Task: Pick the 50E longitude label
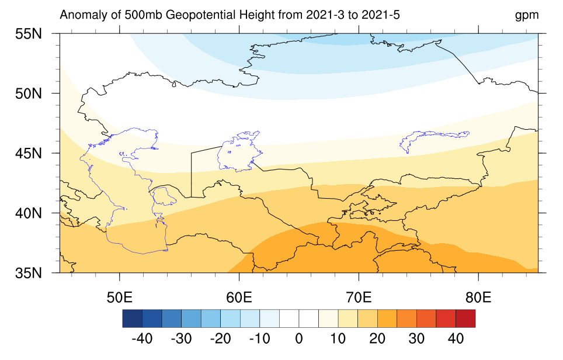[119, 297]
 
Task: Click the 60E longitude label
[239, 297]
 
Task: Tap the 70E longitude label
[359, 297]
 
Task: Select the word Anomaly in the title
[82, 15]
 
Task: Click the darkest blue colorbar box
[133, 319]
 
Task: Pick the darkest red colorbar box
[465, 319]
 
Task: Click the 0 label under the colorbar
[299, 338]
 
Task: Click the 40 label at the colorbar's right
[456, 338]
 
